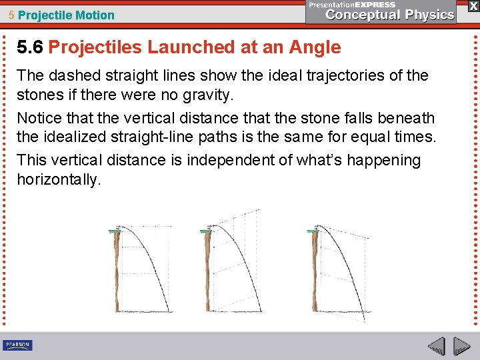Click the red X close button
(471, 6)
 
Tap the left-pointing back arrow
(435, 347)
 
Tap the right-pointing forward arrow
(461, 347)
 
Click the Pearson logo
(17, 345)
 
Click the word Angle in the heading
(315, 47)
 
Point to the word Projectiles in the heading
(95, 47)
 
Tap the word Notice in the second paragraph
(38, 119)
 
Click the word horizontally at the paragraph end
(59, 180)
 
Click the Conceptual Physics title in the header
(390, 15)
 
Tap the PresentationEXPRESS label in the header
(352, 4)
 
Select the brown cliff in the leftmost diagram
(118, 273)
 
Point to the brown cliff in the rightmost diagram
(315, 273)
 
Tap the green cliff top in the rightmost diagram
(312, 231)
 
